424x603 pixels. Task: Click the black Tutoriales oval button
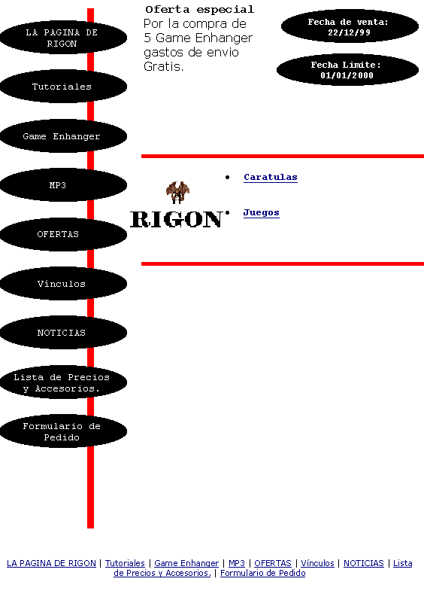(63, 86)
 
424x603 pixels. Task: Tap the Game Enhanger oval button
(63, 136)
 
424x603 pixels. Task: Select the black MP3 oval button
(63, 185)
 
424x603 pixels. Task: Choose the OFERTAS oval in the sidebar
(63, 234)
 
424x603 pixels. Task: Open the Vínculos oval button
(63, 283)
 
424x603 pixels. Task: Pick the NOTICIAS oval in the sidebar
(63, 333)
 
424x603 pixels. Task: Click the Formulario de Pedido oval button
(63, 431)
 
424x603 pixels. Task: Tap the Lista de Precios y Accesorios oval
(63, 382)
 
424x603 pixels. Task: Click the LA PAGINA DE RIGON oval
(63, 38)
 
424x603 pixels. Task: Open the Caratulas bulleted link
(271, 177)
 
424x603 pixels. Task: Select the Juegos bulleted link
(261, 212)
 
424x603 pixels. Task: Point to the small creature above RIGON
(177, 192)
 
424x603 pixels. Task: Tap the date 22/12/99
(349, 32)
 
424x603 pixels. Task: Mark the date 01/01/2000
(347, 75)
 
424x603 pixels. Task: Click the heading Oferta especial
(200, 9)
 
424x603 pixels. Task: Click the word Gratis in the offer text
(164, 66)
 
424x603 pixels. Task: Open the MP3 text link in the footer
(237, 563)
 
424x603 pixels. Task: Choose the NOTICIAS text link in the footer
(364, 563)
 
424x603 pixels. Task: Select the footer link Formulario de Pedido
(262, 573)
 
